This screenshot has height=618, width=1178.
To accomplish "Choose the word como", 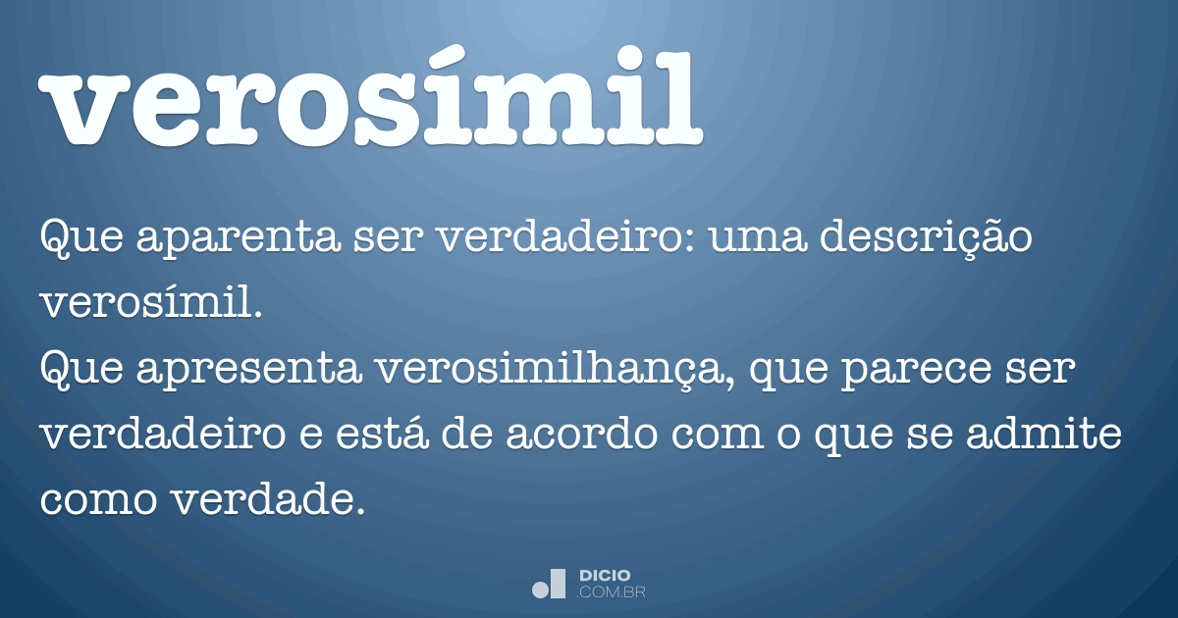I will click(x=95, y=499).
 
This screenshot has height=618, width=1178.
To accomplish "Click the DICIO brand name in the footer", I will click(x=605, y=575).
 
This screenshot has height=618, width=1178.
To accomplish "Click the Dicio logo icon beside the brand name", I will click(x=549, y=583).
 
